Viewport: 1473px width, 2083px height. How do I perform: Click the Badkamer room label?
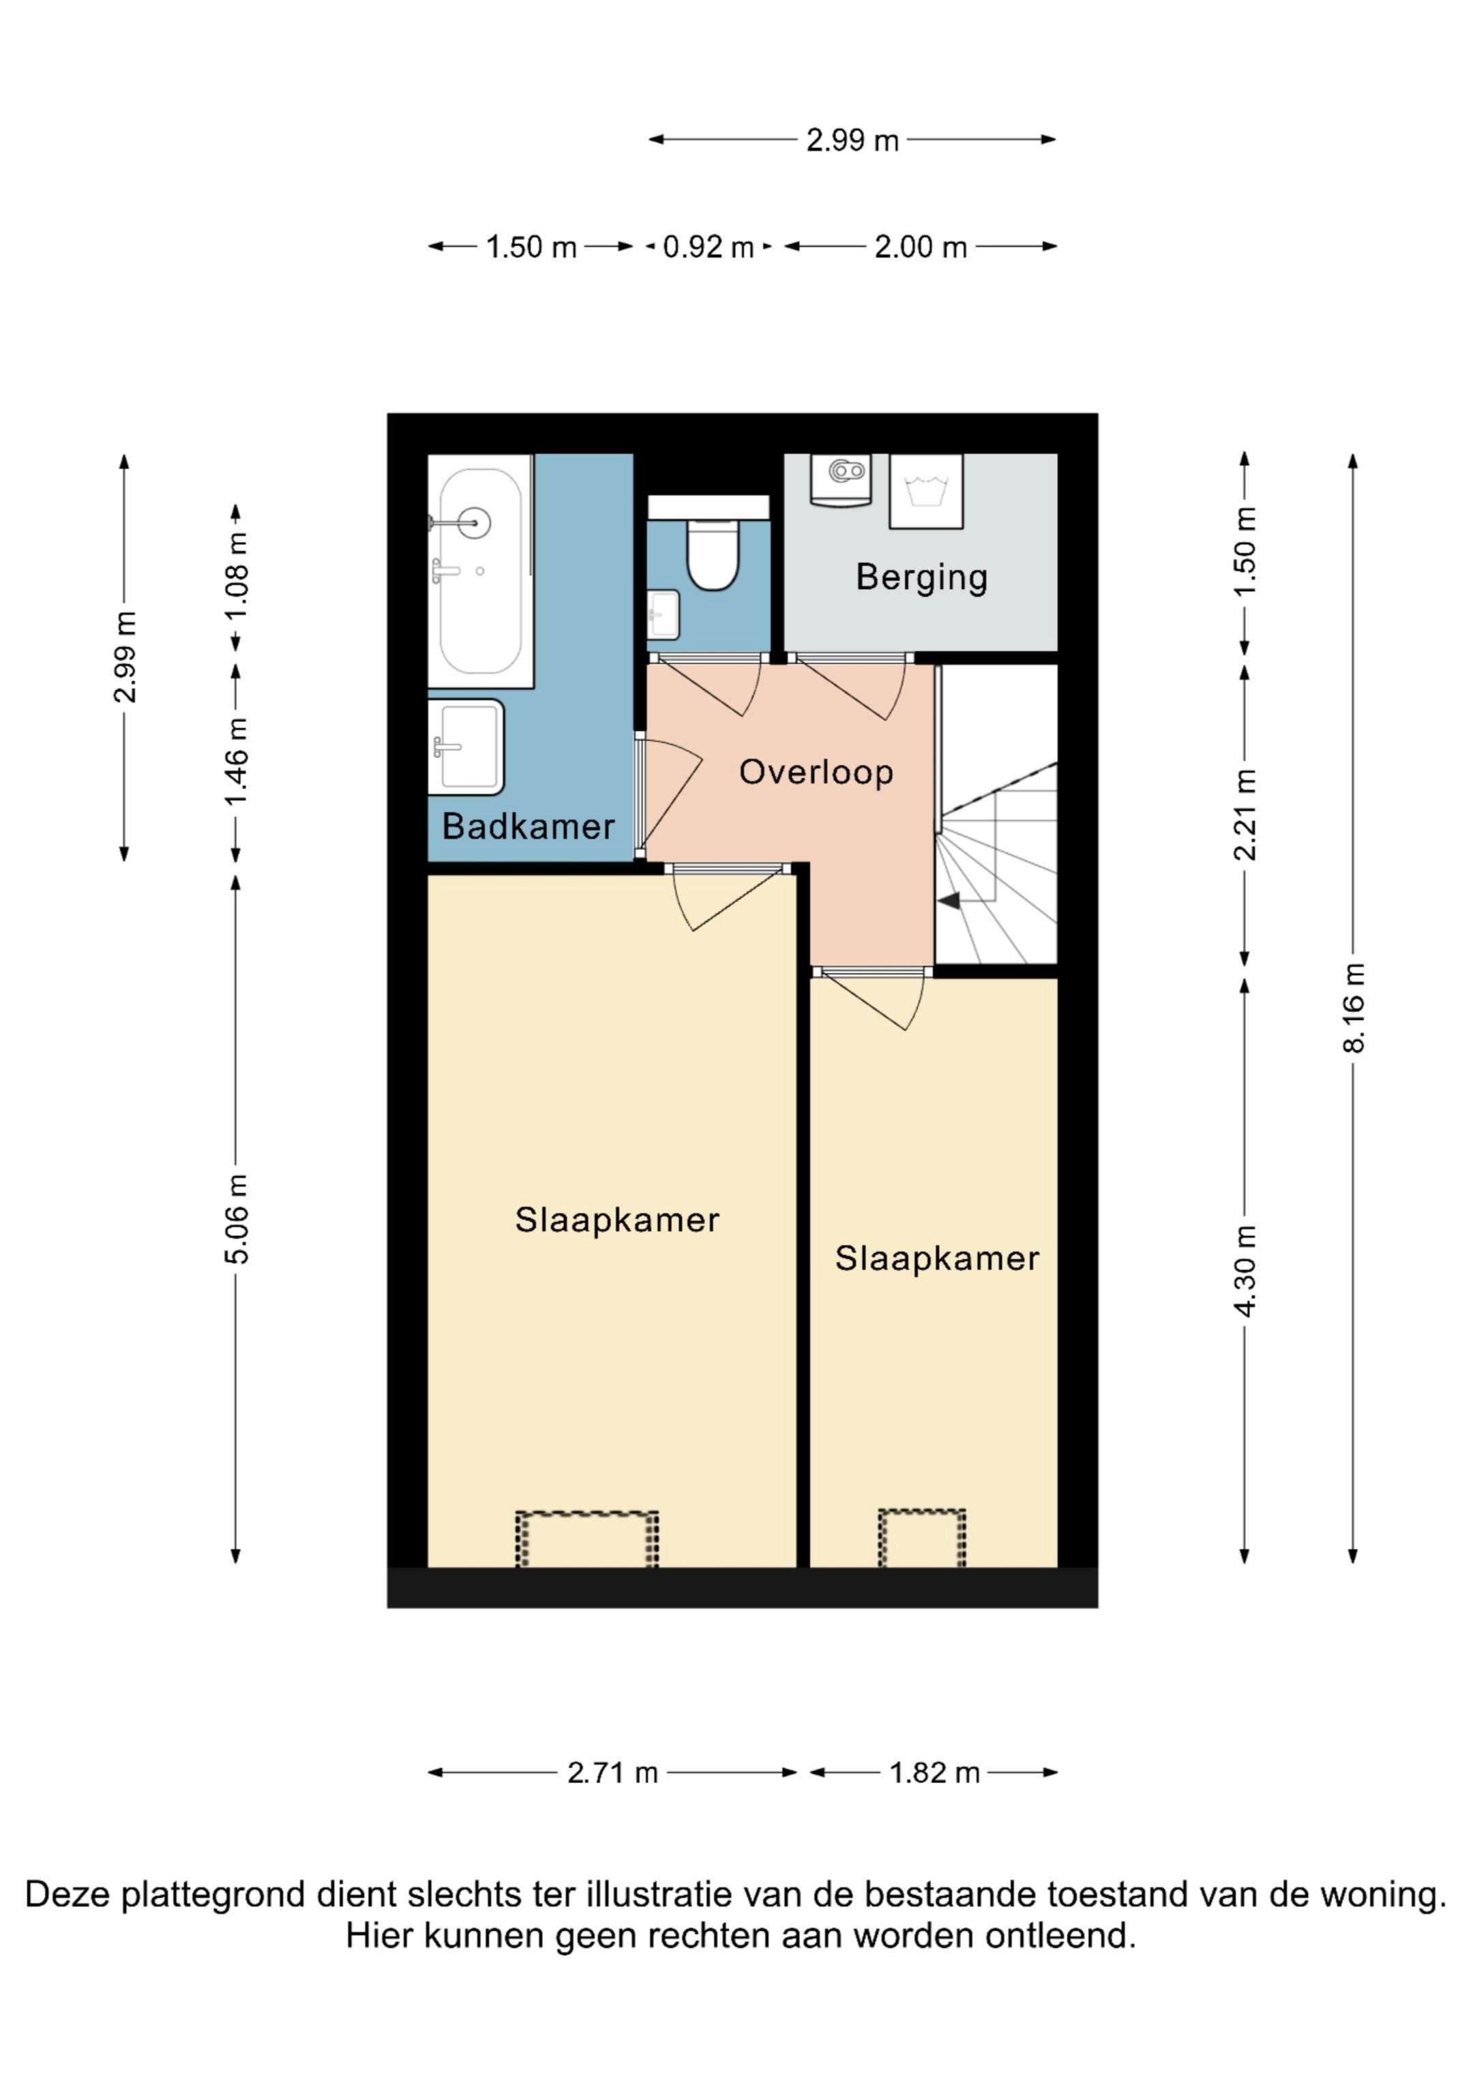pyautogui.click(x=529, y=826)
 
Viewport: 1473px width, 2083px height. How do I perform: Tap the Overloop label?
pyautogui.click(x=816, y=772)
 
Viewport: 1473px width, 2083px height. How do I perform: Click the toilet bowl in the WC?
pyautogui.click(x=713, y=554)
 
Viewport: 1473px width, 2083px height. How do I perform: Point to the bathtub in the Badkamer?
pyautogui.click(x=480, y=571)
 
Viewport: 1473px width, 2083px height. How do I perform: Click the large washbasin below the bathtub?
pyautogui.click(x=466, y=747)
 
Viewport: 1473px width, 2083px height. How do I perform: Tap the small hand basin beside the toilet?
pyautogui.click(x=664, y=614)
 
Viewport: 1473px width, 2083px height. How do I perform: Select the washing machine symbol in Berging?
pyautogui.click(x=925, y=491)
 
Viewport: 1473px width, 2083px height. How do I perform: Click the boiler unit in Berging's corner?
pyautogui.click(x=840, y=479)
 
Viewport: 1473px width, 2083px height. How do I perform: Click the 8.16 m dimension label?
pyautogui.click(x=1352, y=1008)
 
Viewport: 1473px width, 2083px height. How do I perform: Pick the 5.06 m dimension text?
pyautogui.click(x=236, y=1218)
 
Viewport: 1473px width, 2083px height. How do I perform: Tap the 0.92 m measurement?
pyautogui.click(x=708, y=247)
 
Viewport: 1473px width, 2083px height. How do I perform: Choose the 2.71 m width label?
pyautogui.click(x=612, y=1773)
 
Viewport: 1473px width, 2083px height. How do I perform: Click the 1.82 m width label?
pyautogui.click(x=935, y=1773)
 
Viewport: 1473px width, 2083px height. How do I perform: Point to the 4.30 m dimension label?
pyautogui.click(x=1245, y=1270)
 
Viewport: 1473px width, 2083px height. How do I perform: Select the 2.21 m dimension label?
pyautogui.click(x=1245, y=814)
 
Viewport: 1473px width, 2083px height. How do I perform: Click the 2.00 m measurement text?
pyautogui.click(x=921, y=247)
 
